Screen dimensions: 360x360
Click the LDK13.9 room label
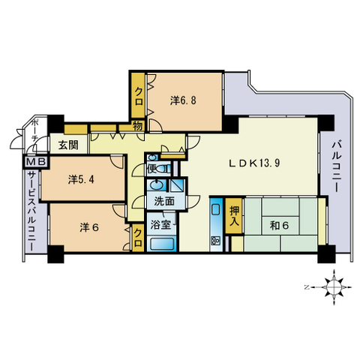[x=255, y=163]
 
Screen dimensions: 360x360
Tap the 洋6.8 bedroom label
[x=183, y=100]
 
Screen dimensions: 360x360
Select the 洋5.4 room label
[x=81, y=179]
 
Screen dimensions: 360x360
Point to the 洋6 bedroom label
[x=89, y=227]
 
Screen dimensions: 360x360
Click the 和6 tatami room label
[x=279, y=226]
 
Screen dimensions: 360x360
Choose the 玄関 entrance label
[x=68, y=145]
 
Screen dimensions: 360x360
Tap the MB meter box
[x=36, y=162]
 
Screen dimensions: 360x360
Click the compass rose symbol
[x=334, y=287]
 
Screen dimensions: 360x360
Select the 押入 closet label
[x=234, y=216]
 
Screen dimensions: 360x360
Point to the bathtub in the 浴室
[x=162, y=244]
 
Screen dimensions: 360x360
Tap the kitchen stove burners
[x=215, y=241]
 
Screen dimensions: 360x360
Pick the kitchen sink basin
[x=215, y=209]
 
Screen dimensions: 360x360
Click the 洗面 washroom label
[x=164, y=201]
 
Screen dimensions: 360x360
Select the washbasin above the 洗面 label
[x=157, y=186]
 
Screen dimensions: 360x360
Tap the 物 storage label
[x=137, y=126]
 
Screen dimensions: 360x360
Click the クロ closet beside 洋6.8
[x=139, y=95]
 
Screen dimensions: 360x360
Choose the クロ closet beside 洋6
[x=138, y=238]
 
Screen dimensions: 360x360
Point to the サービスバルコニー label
[x=31, y=211]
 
